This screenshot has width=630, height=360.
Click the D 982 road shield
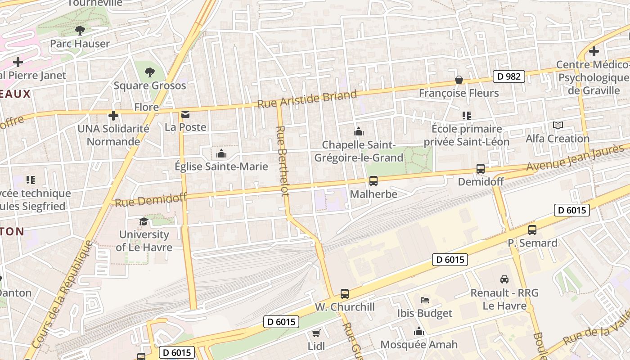pyautogui.click(x=509, y=76)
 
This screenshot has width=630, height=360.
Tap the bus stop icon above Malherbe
pyautogui.click(x=373, y=181)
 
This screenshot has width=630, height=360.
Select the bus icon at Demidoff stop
pyautogui.click(x=481, y=169)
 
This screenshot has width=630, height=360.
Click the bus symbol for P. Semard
pyautogui.click(x=532, y=230)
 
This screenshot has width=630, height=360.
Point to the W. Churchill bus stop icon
pyautogui.click(x=345, y=294)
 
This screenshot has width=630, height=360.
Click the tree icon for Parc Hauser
pyautogui.click(x=80, y=31)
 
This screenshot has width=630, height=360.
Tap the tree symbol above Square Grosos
pyautogui.click(x=149, y=72)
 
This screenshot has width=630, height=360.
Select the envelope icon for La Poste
pyautogui.click(x=185, y=114)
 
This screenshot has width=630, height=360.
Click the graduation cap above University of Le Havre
pyautogui.click(x=144, y=221)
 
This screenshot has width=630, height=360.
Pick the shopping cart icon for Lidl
pyautogui.click(x=316, y=333)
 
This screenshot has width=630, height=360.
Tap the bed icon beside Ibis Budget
pyautogui.click(x=424, y=300)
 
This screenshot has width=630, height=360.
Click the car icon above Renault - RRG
pyautogui.click(x=504, y=279)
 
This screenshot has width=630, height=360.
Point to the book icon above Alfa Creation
pyautogui.click(x=558, y=126)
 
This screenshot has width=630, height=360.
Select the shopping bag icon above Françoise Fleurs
pyautogui.click(x=459, y=80)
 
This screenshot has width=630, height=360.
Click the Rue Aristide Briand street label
pyautogui.click(x=307, y=99)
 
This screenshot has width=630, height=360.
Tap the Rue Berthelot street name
pyautogui.click(x=282, y=161)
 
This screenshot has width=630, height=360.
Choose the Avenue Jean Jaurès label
pyautogui.click(x=577, y=158)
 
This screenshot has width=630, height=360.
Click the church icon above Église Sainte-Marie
pyautogui.click(x=221, y=154)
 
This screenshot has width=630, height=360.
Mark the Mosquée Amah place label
pyautogui.click(x=418, y=345)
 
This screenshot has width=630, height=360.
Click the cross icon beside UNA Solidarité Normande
pyautogui.click(x=113, y=116)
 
